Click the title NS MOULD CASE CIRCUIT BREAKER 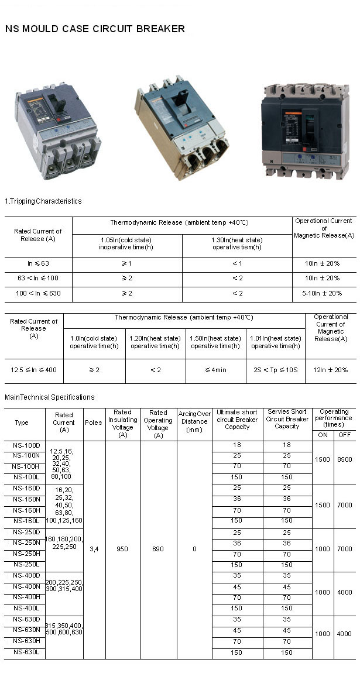[x=95, y=29]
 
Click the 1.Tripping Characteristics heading [x=43, y=201]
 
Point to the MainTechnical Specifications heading [x=49, y=397]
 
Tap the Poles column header [x=93, y=423]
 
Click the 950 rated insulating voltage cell [x=123, y=550]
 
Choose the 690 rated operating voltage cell [x=158, y=550]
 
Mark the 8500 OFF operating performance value [x=344, y=460]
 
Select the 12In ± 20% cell [x=331, y=370]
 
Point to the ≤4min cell [x=215, y=370]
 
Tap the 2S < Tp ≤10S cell [x=275, y=370]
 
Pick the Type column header [x=22, y=423]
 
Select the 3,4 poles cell [x=94, y=550]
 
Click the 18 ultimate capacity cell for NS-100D [x=236, y=445]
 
